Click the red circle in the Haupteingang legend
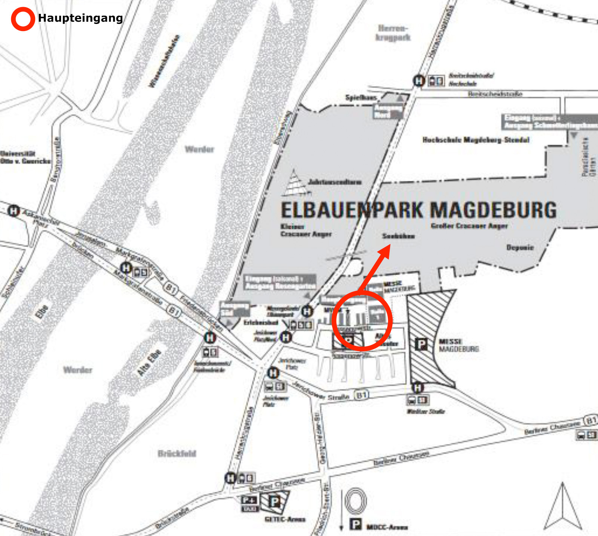point(23,19)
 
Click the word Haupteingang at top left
point(80,18)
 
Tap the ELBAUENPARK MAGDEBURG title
point(418,210)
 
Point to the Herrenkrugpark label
point(393,33)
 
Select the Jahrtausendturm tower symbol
point(296,184)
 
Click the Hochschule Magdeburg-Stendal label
point(476,140)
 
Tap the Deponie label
point(520,247)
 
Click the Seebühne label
point(398,236)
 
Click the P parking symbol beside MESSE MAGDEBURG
point(421,344)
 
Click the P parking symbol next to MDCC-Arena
point(356,525)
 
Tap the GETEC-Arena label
point(285,520)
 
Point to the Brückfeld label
point(177,454)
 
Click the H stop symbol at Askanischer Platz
point(14,211)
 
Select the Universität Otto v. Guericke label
point(25,157)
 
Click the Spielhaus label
point(361,98)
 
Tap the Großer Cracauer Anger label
point(469,226)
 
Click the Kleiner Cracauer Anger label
point(306,230)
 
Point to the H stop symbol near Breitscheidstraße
point(418,80)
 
